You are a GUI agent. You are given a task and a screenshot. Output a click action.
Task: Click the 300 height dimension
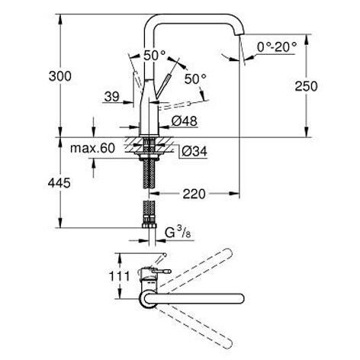(60, 76)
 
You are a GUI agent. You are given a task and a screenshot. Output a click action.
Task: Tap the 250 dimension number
(306, 86)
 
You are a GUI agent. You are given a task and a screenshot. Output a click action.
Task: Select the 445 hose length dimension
(59, 183)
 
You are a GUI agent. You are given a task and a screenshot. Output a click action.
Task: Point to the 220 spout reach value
(194, 194)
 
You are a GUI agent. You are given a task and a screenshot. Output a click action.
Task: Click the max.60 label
(92, 148)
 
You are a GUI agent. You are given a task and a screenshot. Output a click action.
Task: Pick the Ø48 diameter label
(185, 121)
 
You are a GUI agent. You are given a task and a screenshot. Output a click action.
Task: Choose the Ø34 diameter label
(194, 152)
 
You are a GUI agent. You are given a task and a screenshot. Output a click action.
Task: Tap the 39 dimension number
(112, 97)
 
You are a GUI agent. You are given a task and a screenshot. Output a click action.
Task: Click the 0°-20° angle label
(277, 47)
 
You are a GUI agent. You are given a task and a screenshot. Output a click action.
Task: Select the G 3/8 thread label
(178, 233)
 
